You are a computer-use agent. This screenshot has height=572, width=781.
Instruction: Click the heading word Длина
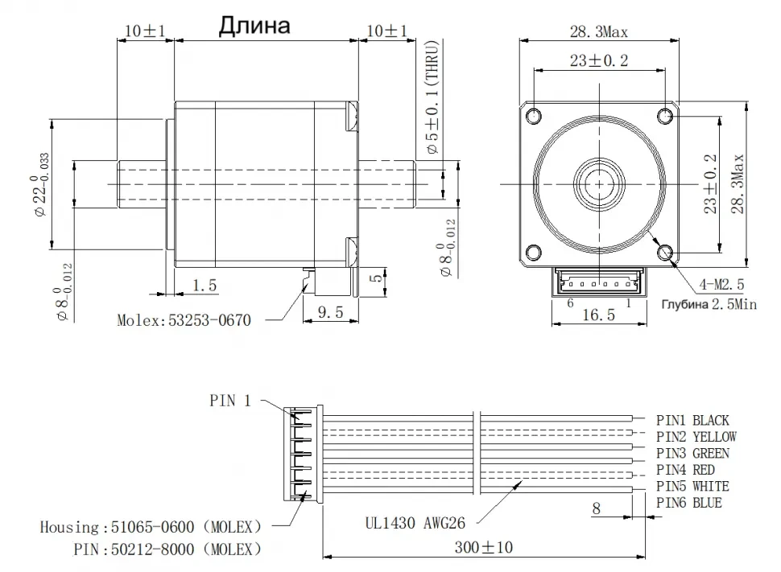pyautogui.click(x=254, y=27)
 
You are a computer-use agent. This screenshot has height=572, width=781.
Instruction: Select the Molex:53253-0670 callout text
pyautogui.click(x=184, y=320)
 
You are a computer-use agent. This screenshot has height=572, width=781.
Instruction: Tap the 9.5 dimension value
pyautogui.click(x=330, y=311)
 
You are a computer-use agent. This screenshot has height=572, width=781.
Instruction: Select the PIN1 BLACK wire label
pyautogui.click(x=692, y=420)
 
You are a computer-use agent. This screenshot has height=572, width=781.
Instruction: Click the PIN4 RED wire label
pyautogui.click(x=685, y=470)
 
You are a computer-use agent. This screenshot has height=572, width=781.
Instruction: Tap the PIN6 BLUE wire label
pyautogui.click(x=688, y=504)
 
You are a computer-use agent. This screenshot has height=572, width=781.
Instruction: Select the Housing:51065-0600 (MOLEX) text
pyautogui.click(x=151, y=528)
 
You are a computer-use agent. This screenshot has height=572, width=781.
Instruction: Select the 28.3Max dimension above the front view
pyautogui.click(x=598, y=31)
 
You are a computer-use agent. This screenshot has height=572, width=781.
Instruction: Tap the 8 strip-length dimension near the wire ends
pyautogui.click(x=597, y=508)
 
